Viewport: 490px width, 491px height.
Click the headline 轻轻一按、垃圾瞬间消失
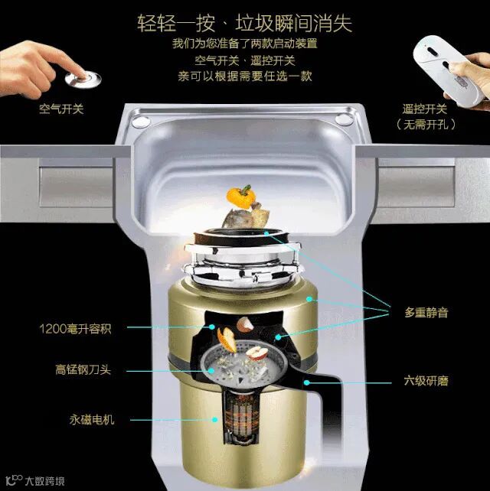point(244,23)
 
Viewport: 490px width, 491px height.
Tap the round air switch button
point(83,79)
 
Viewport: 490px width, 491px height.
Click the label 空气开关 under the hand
point(61,109)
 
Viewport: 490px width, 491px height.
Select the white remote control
point(449,70)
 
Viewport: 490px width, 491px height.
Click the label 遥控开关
point(425,109)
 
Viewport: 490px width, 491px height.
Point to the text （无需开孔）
point(426,125)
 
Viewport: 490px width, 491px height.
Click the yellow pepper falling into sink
point(240,197)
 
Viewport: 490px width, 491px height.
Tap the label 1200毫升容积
point(75,329)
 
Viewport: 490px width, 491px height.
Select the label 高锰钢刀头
point(83,369)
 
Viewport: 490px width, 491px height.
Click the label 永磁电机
point(92,420)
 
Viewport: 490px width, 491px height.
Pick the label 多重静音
point(426,312)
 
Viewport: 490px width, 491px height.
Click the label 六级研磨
point(426,381)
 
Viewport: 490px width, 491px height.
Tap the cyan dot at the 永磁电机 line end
point(214,420)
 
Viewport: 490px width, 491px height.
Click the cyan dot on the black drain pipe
point(307,382)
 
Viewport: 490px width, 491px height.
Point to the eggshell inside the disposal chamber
point(245,324)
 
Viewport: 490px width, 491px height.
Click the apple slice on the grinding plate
point(257,352)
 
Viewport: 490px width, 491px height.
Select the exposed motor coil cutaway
point(241,417)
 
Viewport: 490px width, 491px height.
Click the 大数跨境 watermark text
point(44,480)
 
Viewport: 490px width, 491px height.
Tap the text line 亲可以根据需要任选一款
point(245,76)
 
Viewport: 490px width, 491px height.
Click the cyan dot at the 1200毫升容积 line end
point(212,327)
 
